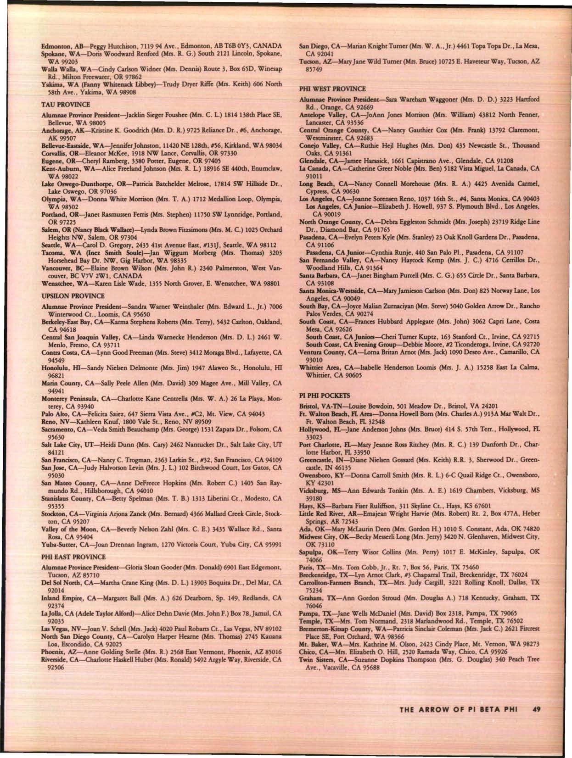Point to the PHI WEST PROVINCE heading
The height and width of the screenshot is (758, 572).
326,89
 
